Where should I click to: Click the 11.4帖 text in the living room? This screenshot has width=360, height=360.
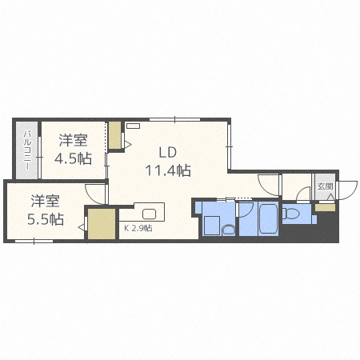coord(167,170)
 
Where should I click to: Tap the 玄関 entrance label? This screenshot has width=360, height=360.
coord(325,186)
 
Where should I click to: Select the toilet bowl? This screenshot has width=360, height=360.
coord(289,214)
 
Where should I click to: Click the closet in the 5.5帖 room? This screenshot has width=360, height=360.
coord(101,224)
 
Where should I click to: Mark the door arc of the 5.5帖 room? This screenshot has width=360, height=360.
coord(96,193)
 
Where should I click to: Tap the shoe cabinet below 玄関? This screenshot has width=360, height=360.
coord(325,207)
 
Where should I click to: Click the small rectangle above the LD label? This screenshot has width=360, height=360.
coord(132,125)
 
